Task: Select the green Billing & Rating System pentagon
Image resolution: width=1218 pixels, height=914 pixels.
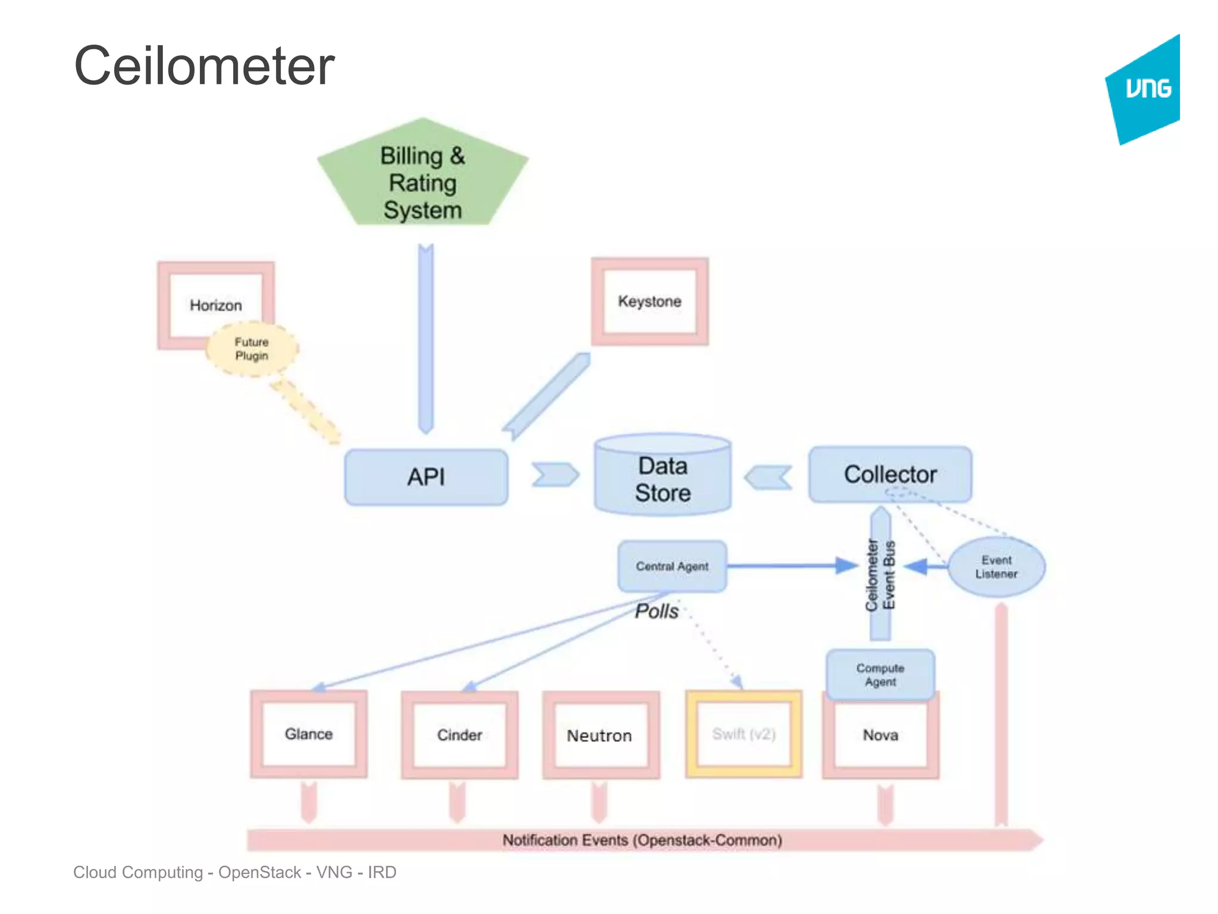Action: [x=422, y=179]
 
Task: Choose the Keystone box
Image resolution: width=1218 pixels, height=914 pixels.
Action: [x=649, y=301]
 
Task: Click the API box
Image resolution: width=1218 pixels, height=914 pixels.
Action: [x=426, y=477]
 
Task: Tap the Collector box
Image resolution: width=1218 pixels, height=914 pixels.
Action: [x=890, y=474]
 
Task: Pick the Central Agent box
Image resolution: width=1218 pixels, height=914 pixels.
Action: [x=672, y=566]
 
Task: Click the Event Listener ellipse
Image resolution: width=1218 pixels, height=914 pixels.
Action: [x=996, y=567]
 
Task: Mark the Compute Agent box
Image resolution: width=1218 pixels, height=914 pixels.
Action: [x=880, y=675]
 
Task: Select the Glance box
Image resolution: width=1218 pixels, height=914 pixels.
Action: [x=309, y=734]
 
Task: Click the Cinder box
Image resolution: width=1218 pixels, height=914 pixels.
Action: [x=460, y=735]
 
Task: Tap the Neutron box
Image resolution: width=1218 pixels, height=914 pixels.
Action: [x=599, y=736]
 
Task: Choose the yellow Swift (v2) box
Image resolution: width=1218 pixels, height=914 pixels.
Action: [x=743, y=734]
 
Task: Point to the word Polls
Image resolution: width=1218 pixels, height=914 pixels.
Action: [x=657, y=611]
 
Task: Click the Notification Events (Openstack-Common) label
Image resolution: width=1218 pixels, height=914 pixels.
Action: [x=642, y=840]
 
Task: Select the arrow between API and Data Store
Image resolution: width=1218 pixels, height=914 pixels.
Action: [x=554, y=475]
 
